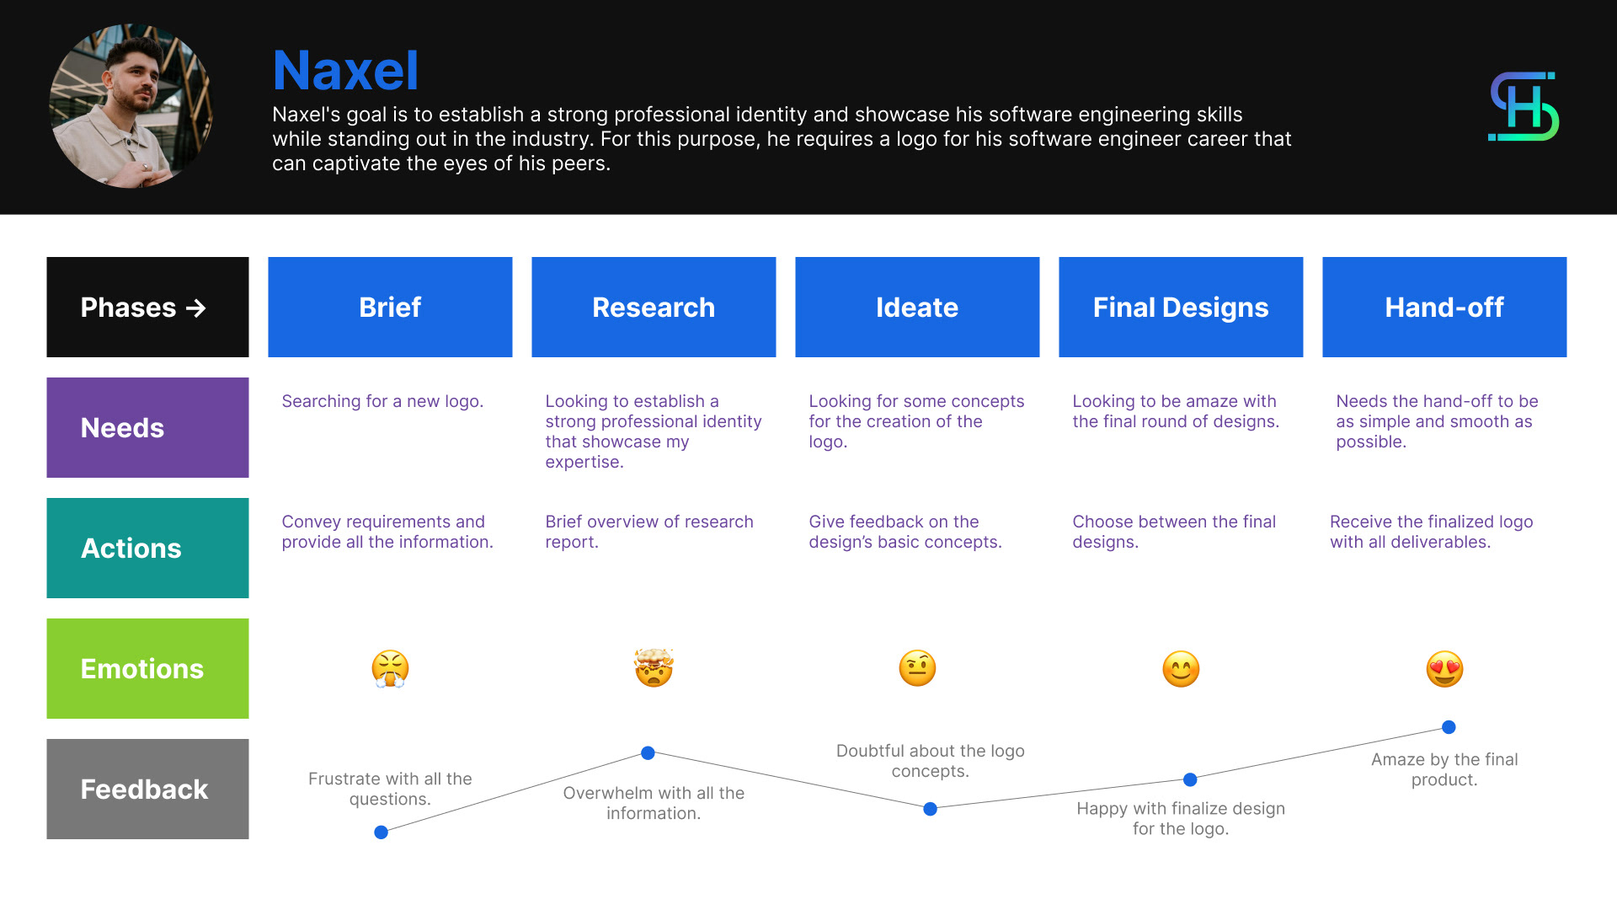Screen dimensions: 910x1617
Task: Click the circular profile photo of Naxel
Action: pyautogui.click(x=131, y=106)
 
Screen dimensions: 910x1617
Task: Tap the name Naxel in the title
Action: pyautogui.click(x=345, y=70)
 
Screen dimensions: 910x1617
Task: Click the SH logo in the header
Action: pyautogui.click(x=1524, y=106)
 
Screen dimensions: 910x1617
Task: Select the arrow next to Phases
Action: pyautogui.click(x=196, y=308)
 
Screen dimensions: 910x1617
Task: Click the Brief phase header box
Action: pyautogui.click(x=390, y=307)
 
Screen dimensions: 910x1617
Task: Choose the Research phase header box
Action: pyautogui.click(x=654, y=307)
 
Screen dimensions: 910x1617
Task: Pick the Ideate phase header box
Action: pyautogui.click(x=917, y=307)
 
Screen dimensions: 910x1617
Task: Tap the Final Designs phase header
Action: pyautogui.click(x=1181, y=307)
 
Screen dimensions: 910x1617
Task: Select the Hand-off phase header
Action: pyautogui.click(x=1444, y=307)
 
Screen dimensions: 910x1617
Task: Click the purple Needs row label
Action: pyautogui.click(x=147, y=427)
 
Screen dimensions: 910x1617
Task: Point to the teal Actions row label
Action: pyautogui.click(x=147, y=548)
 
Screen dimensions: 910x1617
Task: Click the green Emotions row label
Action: pyautogui.click(x=147, y=668)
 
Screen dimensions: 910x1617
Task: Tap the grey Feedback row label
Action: pyautogui.click(x=147, y=789)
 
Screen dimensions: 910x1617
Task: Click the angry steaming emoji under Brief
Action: pyautogui.click(x=390, y=669)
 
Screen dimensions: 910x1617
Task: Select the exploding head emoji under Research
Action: pyautogui.click(x=654, y=668)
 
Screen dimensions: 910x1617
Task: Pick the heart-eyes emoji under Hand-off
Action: pyautogui.click(x=1444, y=669)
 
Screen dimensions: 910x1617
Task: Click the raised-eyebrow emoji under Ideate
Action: pyautogui.click(x=917, y=669)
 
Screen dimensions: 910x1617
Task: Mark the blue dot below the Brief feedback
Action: pyautogui.click(x=381, y=832)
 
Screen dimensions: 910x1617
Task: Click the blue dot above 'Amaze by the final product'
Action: pyautogui.click(x=1449, y=727)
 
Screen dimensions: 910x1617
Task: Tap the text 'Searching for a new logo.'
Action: pyautogui.click(x=382, y=401)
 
